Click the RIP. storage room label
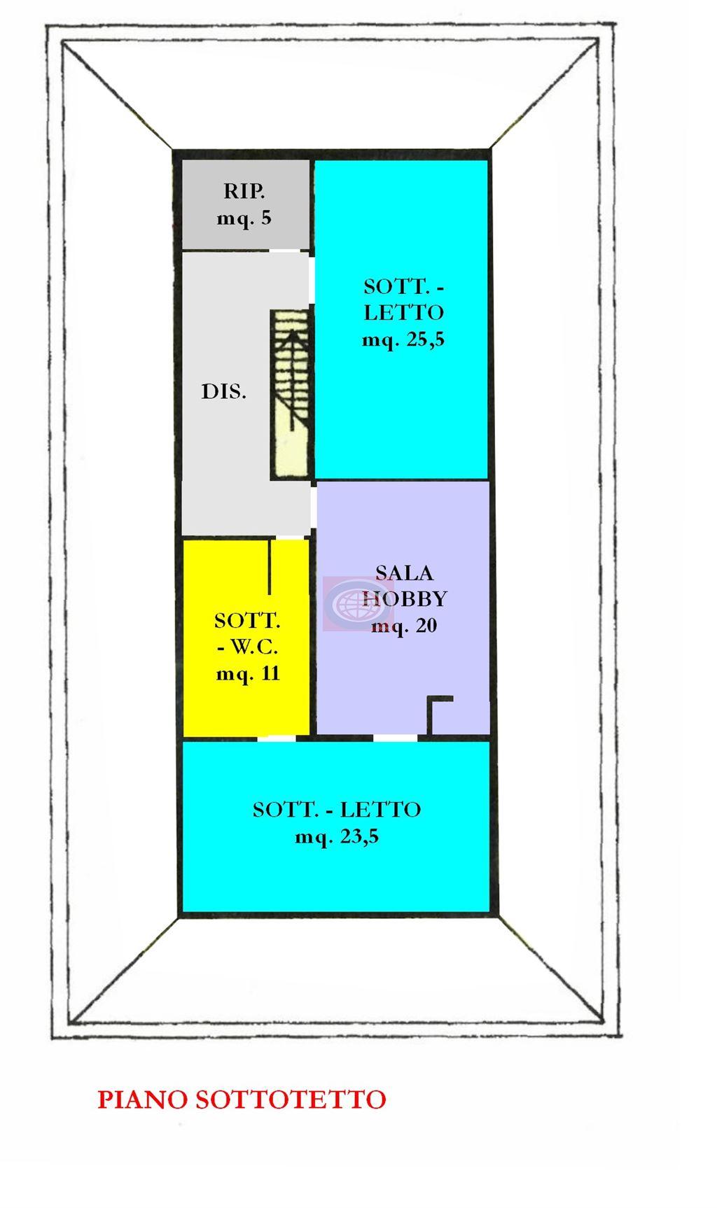(x=244, y=190)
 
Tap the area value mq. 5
(x=244, y=218)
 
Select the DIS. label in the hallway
(x=224, y=392)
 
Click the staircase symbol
(x=291, y=395)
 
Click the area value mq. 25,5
(x=403, y=340)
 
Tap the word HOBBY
(x=405, y=599)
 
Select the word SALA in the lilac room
(x=405, y=573)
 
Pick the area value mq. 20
(x=404, y=626)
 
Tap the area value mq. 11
(x=249, y=674)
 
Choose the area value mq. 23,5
(x=337, y=837)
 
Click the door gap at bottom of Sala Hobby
(x=395, y=737)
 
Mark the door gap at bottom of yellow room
(x=276, y=737)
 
